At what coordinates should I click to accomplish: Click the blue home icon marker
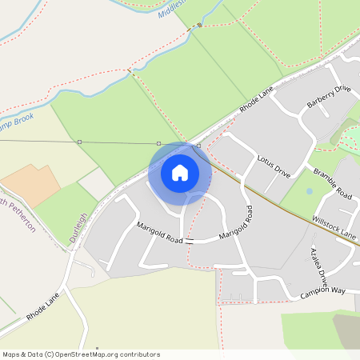(180, 173)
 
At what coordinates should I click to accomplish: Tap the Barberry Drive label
(329, 101)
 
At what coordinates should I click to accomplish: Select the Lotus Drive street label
(274, 166)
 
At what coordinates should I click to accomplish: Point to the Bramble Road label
(332, 184)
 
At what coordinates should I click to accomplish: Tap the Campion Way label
(322, 294)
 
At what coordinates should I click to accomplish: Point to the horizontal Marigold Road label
(159, 234)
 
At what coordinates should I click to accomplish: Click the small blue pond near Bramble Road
(309, 192)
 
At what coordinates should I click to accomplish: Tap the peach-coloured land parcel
(31, 186)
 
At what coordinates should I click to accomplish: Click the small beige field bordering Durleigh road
(96, 184)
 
